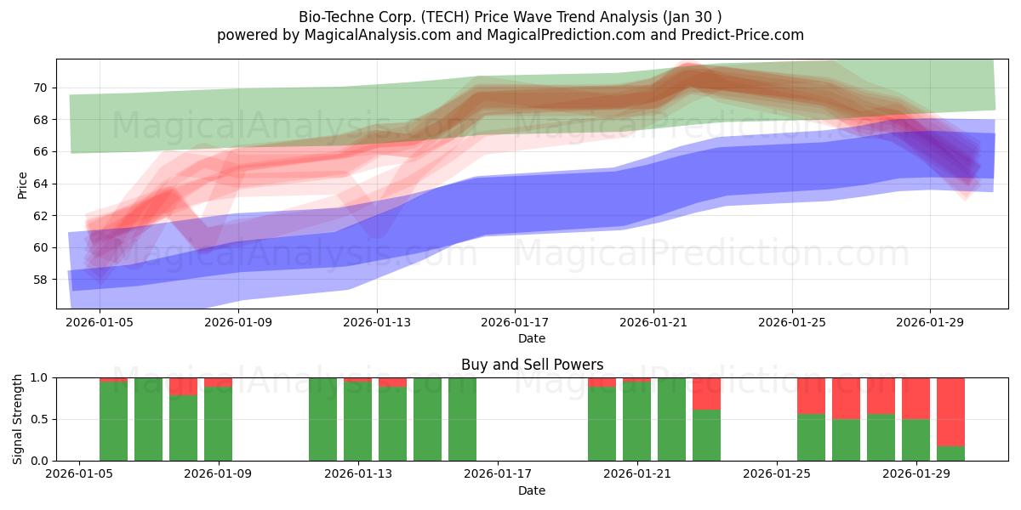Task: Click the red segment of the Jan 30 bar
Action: [951, 412]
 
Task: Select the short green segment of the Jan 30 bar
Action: [951, 454]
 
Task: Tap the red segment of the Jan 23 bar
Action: [706, 394]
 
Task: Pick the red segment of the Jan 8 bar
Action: [183, 387]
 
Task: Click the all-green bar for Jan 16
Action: [462, 419]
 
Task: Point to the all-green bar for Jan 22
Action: [671, 419]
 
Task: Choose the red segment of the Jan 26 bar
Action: [812, 396]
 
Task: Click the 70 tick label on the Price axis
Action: [41, 88]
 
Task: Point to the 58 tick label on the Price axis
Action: [41, 280]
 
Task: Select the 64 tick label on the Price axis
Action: [41, 184]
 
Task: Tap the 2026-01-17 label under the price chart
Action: [515, 322]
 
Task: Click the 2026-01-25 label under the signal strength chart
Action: [777, 474]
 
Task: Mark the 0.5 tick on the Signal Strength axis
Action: [39, 419]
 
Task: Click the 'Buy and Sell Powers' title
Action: [532, 365]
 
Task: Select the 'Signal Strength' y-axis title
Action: [17, 419]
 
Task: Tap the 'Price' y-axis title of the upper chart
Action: [22, 185]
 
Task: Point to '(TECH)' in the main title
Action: [445, 17]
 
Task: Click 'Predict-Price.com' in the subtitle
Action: [743, 35]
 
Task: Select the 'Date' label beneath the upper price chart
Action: [532, 338]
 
